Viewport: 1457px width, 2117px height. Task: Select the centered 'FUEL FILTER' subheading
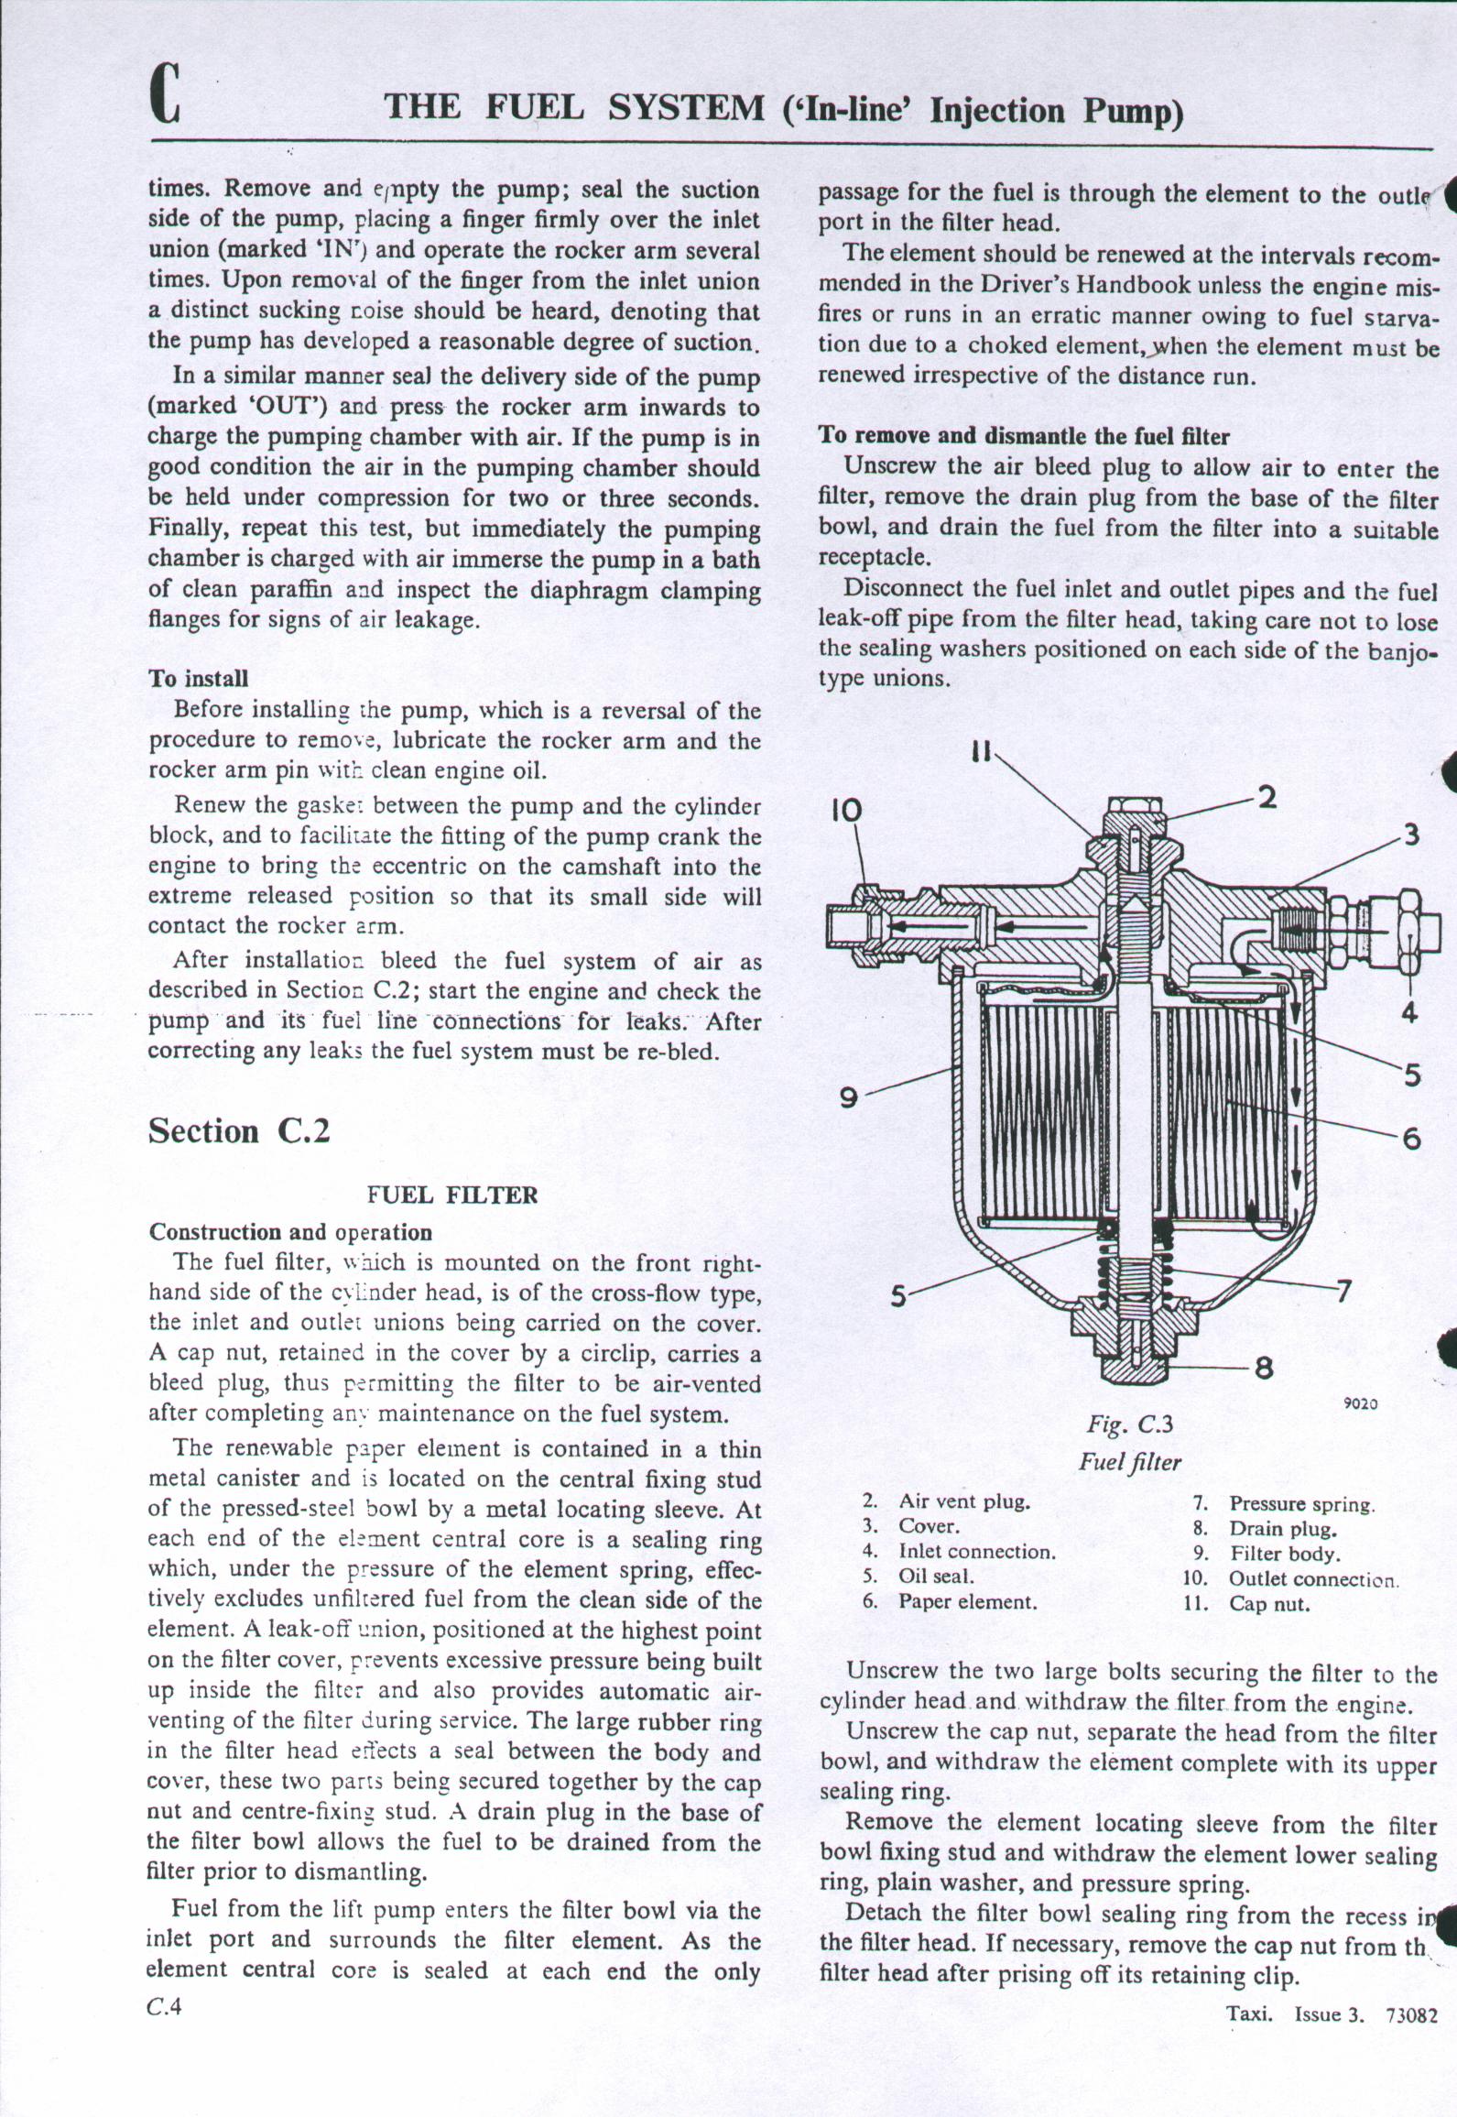click(x=452, y=1195)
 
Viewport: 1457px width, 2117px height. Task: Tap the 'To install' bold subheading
click(x=198, y=679)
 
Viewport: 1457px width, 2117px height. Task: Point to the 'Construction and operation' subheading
click(x=290, y=1232)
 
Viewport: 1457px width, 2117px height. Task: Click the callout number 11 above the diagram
click(x=981, y=751)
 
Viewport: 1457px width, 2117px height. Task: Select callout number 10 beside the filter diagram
click(x=847, y=810)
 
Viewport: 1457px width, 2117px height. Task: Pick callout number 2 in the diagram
click(x=1267, y=797)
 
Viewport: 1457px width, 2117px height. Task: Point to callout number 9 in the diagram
click(x=849, y=1097)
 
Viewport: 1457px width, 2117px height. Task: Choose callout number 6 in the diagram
click(x=1411, y=1139)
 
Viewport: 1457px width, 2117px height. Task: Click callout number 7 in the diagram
click(x=1343, y=1292)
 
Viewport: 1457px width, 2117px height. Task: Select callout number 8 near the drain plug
click(x=1265, y=1370)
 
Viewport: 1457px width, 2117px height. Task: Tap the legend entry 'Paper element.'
click(x=968, y=1602)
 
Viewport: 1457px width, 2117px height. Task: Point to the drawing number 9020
click(x=1361, y=1402)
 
